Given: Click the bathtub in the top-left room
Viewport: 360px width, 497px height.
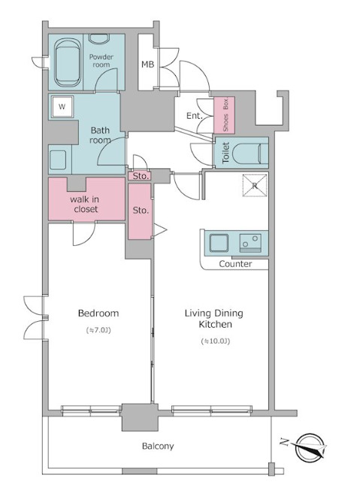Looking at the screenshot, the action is pyautogui.click(x=68, y=62).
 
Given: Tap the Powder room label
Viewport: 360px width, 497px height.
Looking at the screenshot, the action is pyautogui.click(x=101, y=61).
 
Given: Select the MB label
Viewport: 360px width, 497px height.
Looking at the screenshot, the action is pyautogui.click(x=147, y=65).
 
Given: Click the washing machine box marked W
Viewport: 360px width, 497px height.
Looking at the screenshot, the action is pyautogui.click(x=62, y=107).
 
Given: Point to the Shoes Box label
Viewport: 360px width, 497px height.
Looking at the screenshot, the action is pyautogui.click(x=225, y=115).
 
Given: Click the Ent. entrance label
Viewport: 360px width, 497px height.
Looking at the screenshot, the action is pyautogui.click(x=194, y=116).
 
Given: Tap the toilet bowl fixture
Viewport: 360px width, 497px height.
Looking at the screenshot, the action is pyautogui.click(x=250, y=153).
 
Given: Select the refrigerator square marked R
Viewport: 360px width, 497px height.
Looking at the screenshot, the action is pyautogui.click(x=255, y=186).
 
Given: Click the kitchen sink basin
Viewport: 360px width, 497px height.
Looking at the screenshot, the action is pyautogui.click(x=219, y=243).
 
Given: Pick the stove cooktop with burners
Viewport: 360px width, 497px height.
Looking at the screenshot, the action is pyautogui.click(x=250, y=243).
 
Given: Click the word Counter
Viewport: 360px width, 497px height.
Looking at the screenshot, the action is pyautogui.click(x=236, y=264).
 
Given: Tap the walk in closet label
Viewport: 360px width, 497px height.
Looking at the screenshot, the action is pyautogui.click(x=84, y=205).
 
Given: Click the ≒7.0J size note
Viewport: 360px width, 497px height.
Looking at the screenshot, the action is pyautogui.click(x=98, y=330).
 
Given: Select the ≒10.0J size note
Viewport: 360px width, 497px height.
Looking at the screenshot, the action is pyautogui.click(x=216, y=341).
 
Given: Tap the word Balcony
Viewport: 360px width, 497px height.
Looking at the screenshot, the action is pyautogui.click(x=158, y=447).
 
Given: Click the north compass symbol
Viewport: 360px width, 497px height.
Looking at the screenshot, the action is pyautogui.click(x=310, y=448).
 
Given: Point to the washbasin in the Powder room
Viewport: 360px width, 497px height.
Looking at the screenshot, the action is pyautogui.click(x=98, y=38).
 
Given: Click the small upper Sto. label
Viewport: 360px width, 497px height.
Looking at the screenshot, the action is pyautogui.click(x=140, y=176).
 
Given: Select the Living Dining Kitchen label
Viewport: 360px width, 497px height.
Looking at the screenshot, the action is pyautogui.click(x=214, y=319).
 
